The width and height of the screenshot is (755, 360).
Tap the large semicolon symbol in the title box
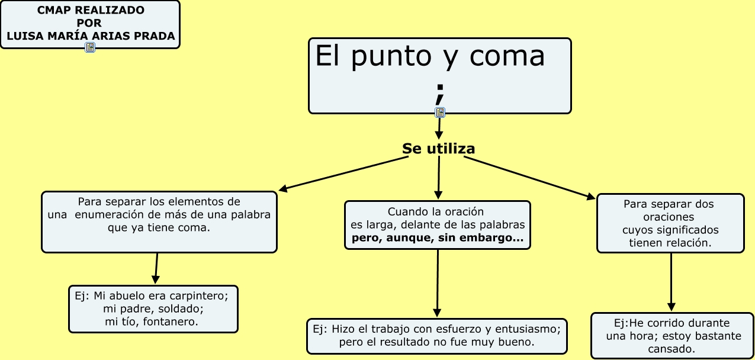tap(439, 94)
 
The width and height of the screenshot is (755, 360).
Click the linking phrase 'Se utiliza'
tap(438, 149)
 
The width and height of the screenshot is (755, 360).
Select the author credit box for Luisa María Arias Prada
tap(90, 24)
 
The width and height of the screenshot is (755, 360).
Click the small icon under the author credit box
tap(90, 47)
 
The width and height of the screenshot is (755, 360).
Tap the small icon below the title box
tap(439, 112)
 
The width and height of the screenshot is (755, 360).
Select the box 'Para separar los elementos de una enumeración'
tap(159, 221)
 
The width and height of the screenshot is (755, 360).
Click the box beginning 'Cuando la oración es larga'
tap(437, 225)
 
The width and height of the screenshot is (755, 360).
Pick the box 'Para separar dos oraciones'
tap(670, 223)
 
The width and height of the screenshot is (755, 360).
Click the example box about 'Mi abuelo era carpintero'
tap(153, 308)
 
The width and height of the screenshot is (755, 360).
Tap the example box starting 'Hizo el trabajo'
tap(436, 336)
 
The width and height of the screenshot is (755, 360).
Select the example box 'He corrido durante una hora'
tap(672, 336)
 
